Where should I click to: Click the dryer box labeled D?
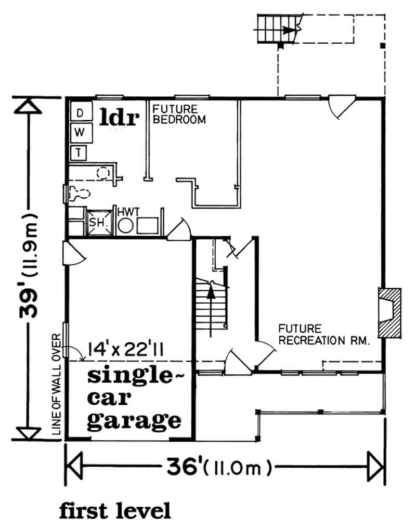[81, 112]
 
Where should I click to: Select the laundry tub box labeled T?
[79, 152]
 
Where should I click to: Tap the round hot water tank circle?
[125, 226]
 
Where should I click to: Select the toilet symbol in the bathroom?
[79, 193]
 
